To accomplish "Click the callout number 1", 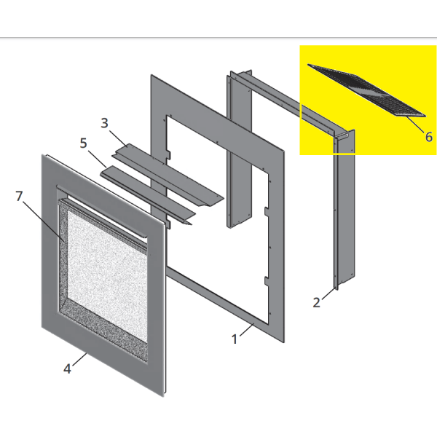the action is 235,339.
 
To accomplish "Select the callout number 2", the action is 316,302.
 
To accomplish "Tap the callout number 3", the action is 104,123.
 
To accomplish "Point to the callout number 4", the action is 67,369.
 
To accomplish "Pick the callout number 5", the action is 83,143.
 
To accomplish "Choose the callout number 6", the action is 429,137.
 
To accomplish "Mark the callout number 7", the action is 19,196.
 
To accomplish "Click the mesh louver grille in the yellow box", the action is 366,90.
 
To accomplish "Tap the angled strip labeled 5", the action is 148,195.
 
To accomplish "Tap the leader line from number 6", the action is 415,125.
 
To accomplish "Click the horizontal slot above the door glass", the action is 102,211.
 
